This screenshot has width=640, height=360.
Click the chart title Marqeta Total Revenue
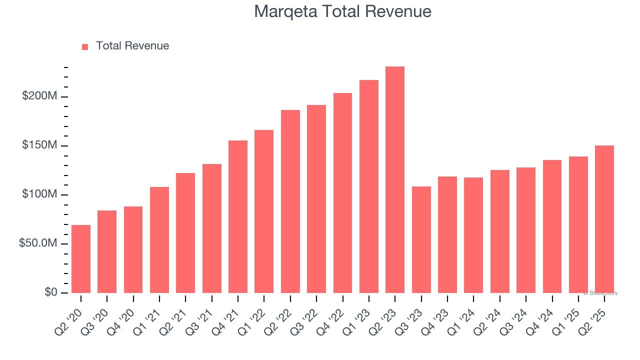[342, 11]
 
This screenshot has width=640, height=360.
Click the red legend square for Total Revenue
[85, 46]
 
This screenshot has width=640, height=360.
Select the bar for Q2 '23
[395, 179]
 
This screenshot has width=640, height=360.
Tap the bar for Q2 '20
[81, 259]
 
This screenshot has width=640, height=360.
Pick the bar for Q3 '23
[421, 239]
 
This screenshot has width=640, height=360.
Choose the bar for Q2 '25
[604, 219]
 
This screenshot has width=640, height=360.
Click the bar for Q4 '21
[238, 216]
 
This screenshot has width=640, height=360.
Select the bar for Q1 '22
[264, 211]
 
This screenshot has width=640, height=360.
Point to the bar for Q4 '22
[342, 193]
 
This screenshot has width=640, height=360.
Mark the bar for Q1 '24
[473, 235]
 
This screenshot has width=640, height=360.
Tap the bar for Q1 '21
[159, 240]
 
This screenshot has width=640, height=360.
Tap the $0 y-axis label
[50, 292]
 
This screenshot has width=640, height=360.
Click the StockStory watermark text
[600, 293]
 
